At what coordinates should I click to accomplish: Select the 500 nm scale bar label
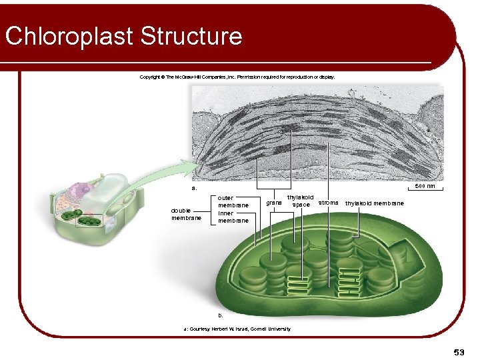click(425, 186)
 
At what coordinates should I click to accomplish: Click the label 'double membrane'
click(186, 213)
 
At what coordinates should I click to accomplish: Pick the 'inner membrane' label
click(233, 217)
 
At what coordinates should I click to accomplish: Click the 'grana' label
click(273, 202)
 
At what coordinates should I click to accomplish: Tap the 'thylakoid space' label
click(300, 201)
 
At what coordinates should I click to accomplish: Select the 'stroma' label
click(328, 202)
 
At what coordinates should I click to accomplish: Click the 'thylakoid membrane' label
click(374, 203)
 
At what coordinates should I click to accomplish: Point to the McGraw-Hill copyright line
click(237, 77)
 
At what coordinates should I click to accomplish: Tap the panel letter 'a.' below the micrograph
click(195, 188)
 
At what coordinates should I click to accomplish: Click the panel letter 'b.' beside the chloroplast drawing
click(221, 314)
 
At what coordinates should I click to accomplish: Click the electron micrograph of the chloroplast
click(317, 133)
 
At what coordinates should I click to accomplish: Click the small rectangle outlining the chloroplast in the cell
click(88, 220)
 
